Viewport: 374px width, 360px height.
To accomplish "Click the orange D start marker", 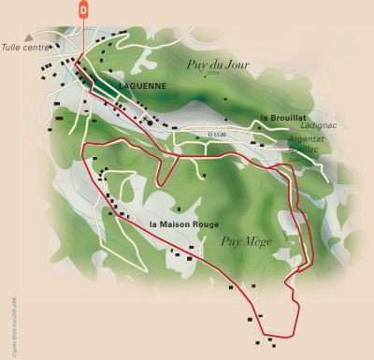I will click(83, 9).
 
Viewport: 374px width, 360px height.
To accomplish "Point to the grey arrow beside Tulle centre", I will click(53, 41).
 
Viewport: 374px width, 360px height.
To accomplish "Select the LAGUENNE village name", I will click(142, 86).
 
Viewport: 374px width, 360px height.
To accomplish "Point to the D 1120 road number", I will click(217, 136).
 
